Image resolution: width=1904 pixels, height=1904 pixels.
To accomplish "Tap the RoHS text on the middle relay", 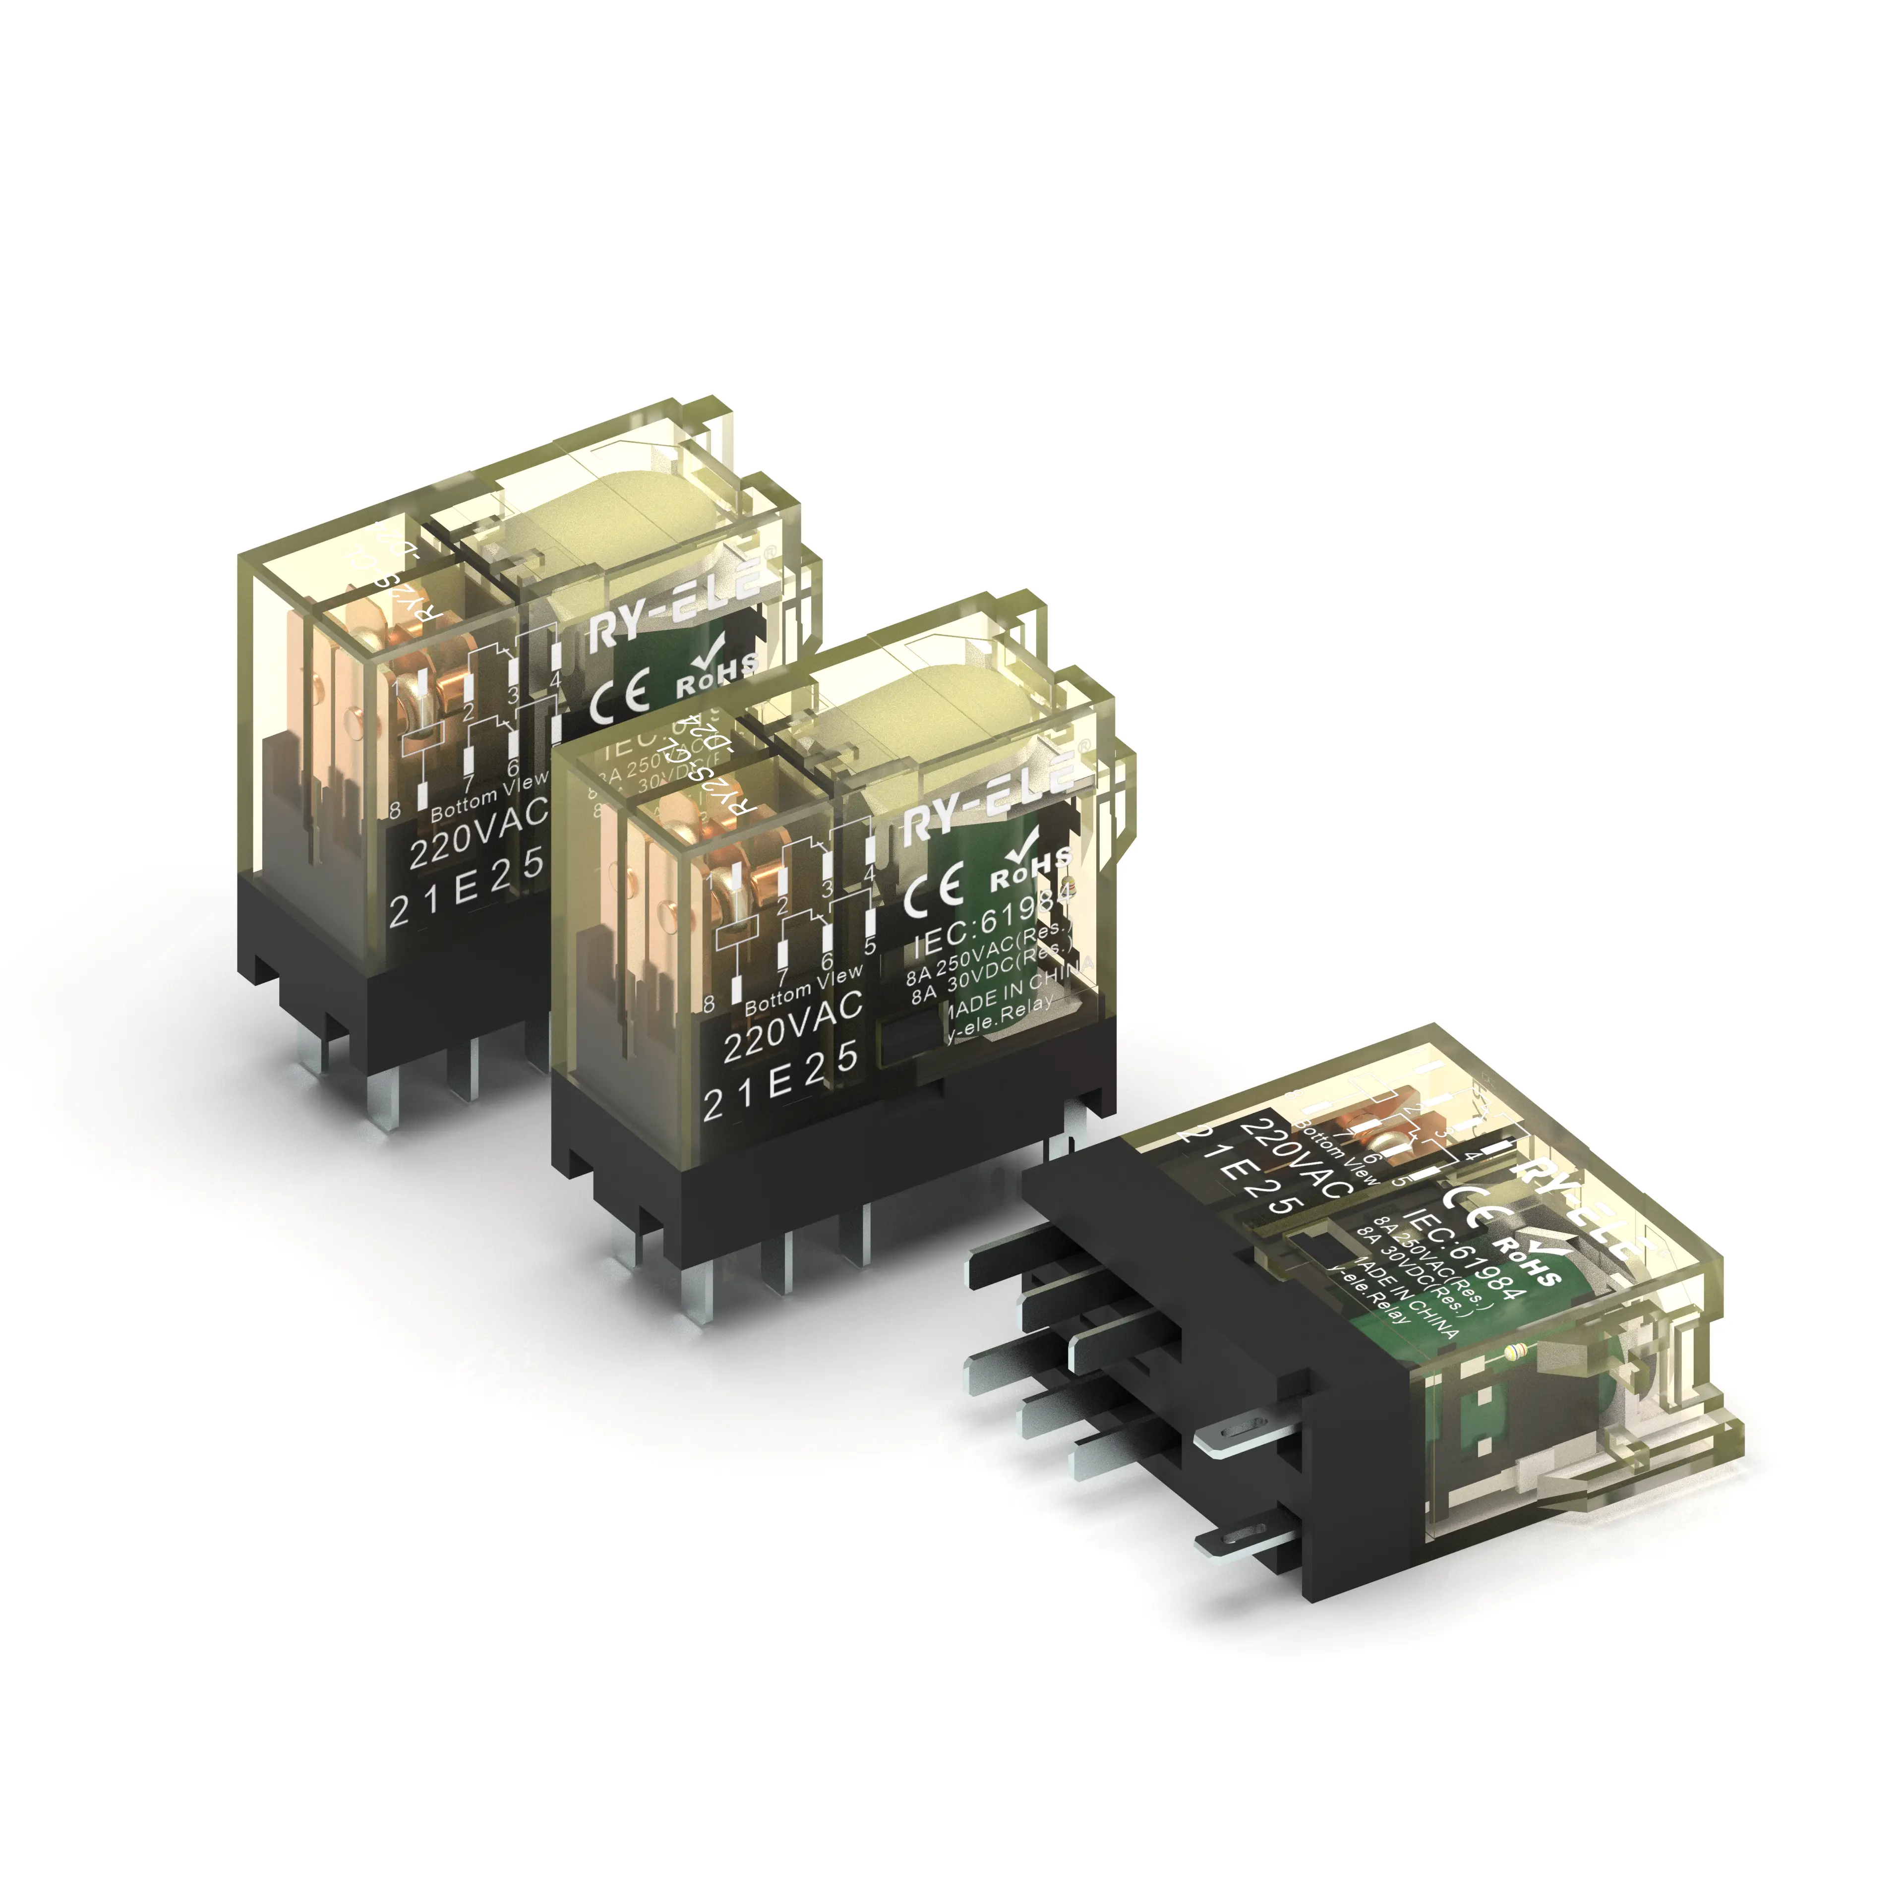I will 1030,869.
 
